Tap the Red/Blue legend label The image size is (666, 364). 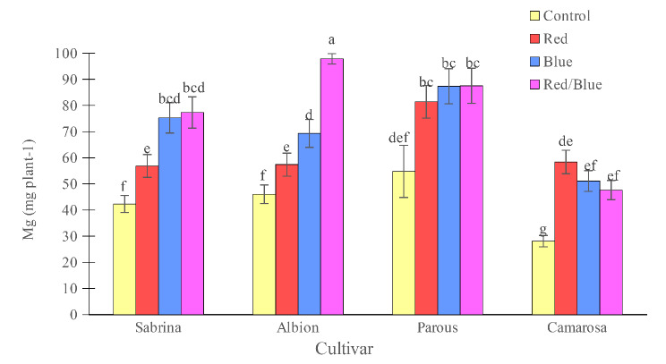(573, 84)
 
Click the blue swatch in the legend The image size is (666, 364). (535, 62)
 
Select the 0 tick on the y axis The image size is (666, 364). (98, 315)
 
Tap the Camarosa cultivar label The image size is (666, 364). (576, 328)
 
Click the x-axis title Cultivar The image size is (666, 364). (344, 348)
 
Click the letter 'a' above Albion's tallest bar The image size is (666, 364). (332, 40)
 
